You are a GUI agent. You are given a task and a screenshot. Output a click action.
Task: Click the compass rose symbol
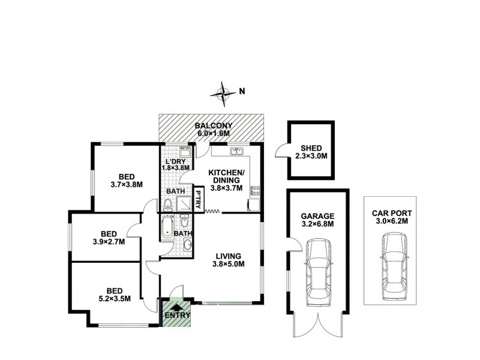pos(224,92)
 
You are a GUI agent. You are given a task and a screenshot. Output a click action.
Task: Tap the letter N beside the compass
pos(242,92)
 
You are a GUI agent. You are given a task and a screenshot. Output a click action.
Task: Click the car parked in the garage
pos(317,269)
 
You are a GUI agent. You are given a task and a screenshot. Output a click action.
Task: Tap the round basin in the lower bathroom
pos(187,244)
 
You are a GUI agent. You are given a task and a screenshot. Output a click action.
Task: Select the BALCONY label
pos(213,126)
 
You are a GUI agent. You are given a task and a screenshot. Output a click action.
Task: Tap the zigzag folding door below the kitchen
pos(213,211)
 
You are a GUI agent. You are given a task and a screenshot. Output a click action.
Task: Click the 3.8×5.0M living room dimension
pos(229,269)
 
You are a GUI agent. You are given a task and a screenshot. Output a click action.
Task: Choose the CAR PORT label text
pos(392,212)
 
